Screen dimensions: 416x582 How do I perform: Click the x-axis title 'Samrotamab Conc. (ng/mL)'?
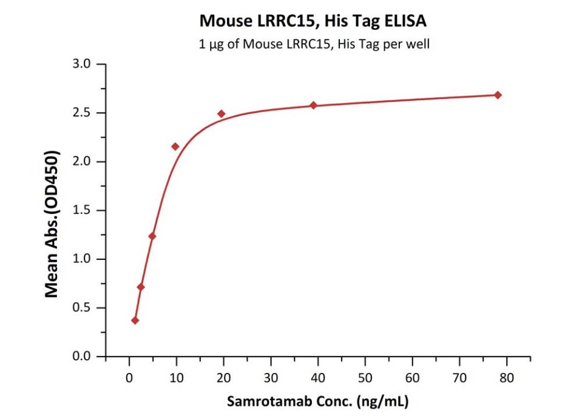tap(318, 401)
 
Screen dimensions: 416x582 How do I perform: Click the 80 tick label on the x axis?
tap(507, 378)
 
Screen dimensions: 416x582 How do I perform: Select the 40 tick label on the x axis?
tap(318, 378)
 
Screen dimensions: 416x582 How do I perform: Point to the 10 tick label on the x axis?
tap(177, 378)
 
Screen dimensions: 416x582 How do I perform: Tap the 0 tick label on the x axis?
tap(129, 378)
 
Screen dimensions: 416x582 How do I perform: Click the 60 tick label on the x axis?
tap(413, 378)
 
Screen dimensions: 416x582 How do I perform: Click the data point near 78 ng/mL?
tap(498, 95)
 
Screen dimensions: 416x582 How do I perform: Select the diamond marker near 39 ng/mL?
tap(314, 105)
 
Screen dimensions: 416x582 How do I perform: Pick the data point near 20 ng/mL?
tap(222, 114)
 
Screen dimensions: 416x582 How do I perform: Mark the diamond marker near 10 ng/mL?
tap(175, 146)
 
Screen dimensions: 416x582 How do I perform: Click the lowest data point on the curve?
tap(135, 320)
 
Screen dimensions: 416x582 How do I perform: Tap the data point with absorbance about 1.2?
tap(152, 236)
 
